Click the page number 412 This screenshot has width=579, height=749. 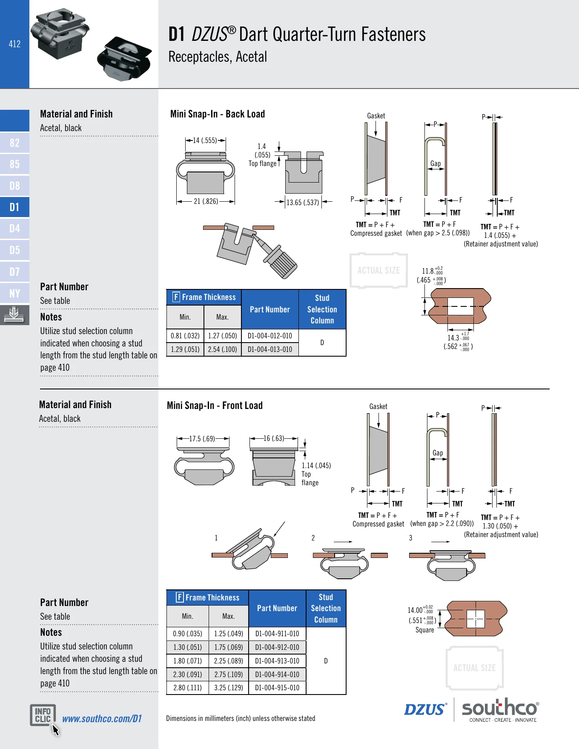[14, 44]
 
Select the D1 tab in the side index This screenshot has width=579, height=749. [14, 207]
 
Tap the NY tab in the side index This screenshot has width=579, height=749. [14, 293]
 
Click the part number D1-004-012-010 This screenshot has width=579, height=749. [270, 336]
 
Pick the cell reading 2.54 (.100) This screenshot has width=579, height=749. [223, 349]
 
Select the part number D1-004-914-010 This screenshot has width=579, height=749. [277, 675]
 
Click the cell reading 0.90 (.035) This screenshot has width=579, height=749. [188, 634]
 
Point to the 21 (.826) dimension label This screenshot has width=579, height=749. [206, 201]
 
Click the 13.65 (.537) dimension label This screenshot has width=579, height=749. [303, 203]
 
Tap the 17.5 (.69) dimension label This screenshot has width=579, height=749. [202, 439]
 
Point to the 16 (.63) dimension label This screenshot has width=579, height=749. [274, 438]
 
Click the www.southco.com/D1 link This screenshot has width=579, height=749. [102, 719]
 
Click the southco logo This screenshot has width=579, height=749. [501, 710]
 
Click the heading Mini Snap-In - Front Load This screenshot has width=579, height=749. [215, 406]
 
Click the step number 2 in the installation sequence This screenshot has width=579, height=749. [313, 538]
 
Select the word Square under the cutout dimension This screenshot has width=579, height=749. [425, 630]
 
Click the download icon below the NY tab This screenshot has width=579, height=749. [14, 315]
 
